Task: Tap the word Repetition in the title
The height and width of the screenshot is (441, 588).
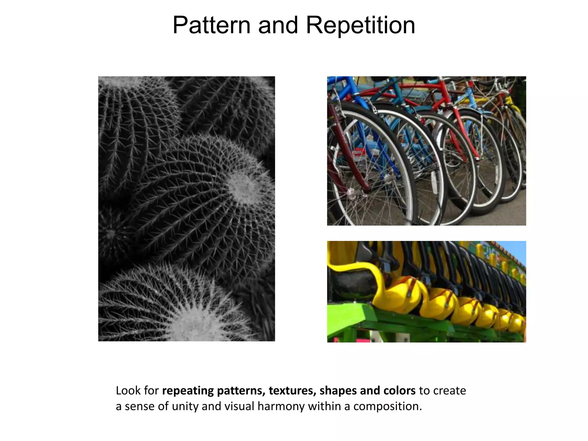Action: (x=360, y=25)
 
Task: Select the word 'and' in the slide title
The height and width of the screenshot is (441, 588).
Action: (x=278, y=25)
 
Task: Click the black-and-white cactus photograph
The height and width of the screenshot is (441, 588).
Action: (x=186, y=209)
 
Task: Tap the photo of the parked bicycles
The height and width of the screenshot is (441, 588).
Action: (x=426, y=151)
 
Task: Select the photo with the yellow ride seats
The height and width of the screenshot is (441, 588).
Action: (x=426, y=291)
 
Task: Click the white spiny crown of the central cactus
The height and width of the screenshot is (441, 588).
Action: (x=243, y=188)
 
